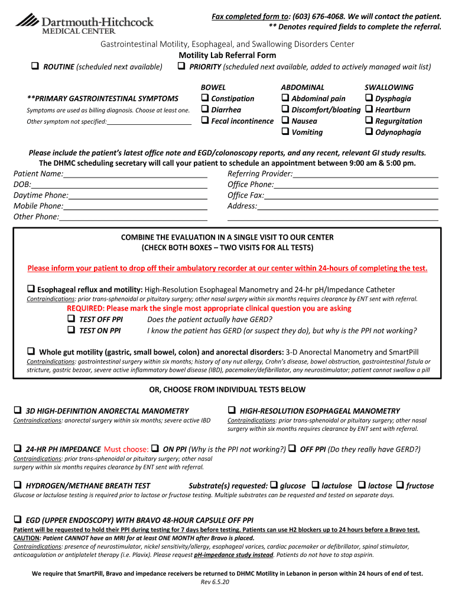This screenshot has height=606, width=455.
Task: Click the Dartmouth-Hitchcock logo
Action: tap(84, 24)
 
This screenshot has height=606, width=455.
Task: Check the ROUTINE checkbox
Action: tap(35, 67)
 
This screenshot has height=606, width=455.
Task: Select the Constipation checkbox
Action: tap(205, 98)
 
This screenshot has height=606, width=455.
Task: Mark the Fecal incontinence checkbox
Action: tap(205, 121)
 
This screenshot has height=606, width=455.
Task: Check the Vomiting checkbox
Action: tap(285, 132)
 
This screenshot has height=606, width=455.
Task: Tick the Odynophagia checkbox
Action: tap(369, 132)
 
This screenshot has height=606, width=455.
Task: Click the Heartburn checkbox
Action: tap(369, 109)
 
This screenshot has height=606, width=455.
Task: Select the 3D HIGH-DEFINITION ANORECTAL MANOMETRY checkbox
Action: tap(18, 411)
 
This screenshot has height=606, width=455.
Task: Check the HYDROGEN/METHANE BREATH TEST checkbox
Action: tap(18, 486)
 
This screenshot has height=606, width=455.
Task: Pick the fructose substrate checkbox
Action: tap(400, 486)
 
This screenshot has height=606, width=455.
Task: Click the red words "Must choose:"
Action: tap(126, 449)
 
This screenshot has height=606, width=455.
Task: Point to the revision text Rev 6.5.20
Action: tap(215, 582)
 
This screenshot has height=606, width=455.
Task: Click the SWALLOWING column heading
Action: tap(389, 87)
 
